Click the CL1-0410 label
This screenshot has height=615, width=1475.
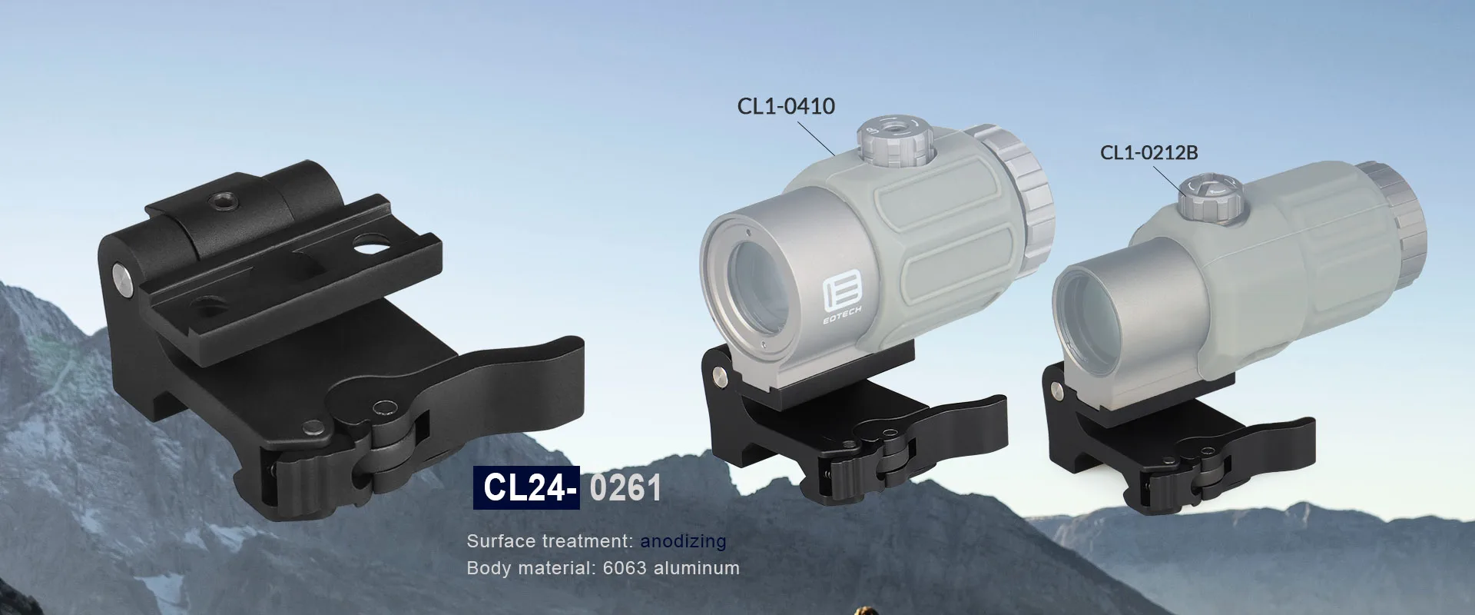point(786,106)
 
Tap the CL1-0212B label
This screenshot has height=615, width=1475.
point(1149,152)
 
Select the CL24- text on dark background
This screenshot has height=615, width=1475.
point(525,488)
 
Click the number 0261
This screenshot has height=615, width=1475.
point(625,488)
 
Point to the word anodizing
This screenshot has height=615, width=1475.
point(683,541)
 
